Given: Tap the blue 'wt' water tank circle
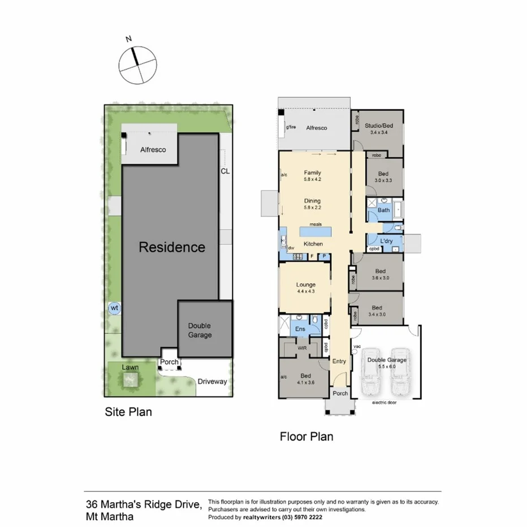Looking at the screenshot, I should point(114,308).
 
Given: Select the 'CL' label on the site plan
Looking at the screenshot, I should point(225,170).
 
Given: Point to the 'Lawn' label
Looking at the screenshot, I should point(131,368).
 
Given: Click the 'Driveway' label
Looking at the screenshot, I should point(212,381).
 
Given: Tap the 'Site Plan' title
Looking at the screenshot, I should point(128,412).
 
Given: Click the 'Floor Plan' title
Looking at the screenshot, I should point(307,437).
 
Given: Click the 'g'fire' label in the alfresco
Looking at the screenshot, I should point(291,128).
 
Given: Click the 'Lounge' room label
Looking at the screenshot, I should point(305,285).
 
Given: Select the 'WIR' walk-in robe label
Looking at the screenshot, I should point(302,349).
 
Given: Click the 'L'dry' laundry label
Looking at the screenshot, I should point(386,241).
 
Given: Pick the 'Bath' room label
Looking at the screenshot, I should point(384,210).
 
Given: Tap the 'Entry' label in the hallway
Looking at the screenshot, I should point(339,362).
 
